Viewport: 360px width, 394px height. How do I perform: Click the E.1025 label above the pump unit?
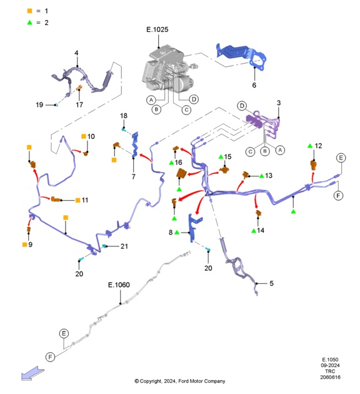[x=157, y=29]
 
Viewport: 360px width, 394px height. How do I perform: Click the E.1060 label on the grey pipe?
[x=119, y=285]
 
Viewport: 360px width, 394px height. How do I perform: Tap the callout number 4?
[x=76, y=53]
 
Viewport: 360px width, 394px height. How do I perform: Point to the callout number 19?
[x=39, y=104]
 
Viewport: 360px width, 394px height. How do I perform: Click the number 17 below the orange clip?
[x=79, y=104]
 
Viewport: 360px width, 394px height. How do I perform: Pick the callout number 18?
[x=124, y=116]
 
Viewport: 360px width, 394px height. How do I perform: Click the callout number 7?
[x=134, y=176]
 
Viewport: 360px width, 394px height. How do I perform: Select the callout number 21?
[x=124, y=246]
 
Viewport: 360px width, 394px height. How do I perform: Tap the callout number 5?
[x=271, y=283]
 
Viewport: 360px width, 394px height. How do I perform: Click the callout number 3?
[x=279, y=103]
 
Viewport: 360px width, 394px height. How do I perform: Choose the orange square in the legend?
[x=29, y=11]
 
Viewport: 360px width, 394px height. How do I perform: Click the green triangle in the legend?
[x=29, y=23]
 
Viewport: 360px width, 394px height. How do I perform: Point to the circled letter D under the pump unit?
[x=194, y=99]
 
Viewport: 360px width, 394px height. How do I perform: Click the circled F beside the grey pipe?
[x=50, y=357]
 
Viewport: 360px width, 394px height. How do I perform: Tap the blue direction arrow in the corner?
[x=32, y=373]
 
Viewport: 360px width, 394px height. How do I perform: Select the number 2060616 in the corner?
[x=330, y=377]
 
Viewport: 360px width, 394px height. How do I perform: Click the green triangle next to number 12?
[x=310, y=146]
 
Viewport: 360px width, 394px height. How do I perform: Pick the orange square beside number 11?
[x=78, y=200]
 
